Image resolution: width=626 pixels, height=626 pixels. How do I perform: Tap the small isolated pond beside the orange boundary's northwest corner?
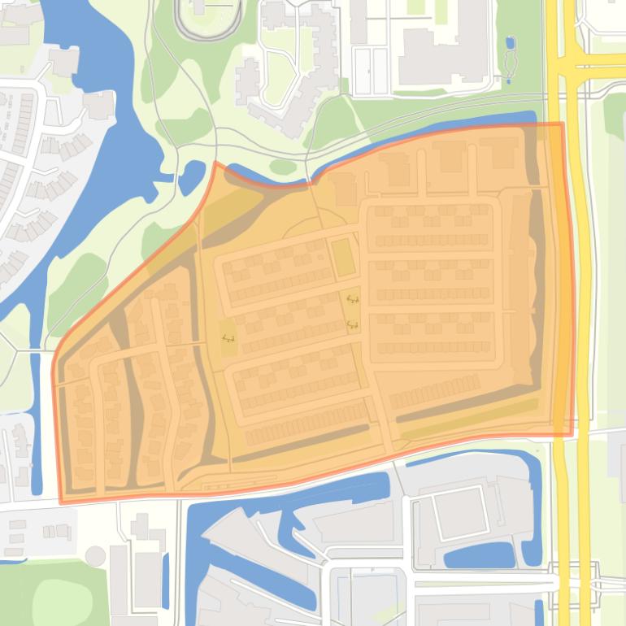click(193, 176)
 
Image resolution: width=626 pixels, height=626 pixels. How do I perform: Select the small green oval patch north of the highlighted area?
click(283, 167)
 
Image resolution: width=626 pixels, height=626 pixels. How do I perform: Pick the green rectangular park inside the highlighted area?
click(343, 257)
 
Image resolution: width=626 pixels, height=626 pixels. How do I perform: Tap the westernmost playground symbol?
click(227, 338)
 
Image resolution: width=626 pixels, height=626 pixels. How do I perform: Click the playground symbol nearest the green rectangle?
click(352, 299)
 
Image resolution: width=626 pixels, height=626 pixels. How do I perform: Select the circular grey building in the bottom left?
click(96, 556)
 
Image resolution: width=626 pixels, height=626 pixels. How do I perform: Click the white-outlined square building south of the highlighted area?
click(459, 512)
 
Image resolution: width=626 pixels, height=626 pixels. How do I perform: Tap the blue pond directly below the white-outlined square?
click(478, 556)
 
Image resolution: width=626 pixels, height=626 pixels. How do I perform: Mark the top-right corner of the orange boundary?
click(562, 124)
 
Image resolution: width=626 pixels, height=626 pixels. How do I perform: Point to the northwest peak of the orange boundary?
click(215, 163)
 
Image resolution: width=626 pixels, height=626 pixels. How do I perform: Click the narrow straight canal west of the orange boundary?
click(36, 423)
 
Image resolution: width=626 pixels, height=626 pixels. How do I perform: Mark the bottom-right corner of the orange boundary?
click(571, 433)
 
